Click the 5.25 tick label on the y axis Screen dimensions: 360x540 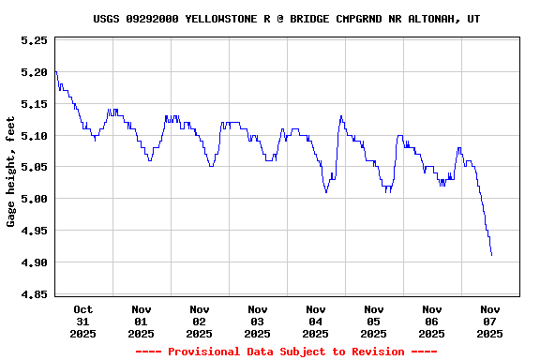pyautogui.click(x=34, y=41)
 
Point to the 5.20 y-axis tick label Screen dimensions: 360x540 pyautogui.click(x=34, y=72)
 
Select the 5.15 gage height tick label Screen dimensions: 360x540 pyautogui.click(x=34, y=104)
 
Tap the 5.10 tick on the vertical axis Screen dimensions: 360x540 pyautogui.click(x=34, y=136)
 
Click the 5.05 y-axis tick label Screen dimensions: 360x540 pyautogui.click(x=34, y=167)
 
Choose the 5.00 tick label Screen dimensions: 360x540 pyautogui.click(x=34, y=199)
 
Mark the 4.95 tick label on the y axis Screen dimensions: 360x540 pyautogui.click(x=34, y=231)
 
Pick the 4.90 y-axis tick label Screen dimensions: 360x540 pyautogui.click(x=34, y=262)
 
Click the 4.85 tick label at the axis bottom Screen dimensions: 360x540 pyautogui.click(x=34, y=294)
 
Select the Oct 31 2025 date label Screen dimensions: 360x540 pyautogui.click(x=83, y=321)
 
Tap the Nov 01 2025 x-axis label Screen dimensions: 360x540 pyautogui.click(x=142, y=321)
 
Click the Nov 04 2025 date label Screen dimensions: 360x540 pyautogui.click(x=316, y=321)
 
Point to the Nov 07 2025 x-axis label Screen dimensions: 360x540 pyautogui.click(x=490, y=321)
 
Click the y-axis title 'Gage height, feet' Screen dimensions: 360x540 pyautogui.click(x=11, y=178)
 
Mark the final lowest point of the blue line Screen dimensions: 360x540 pyautogui.click(x=491, y=255)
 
